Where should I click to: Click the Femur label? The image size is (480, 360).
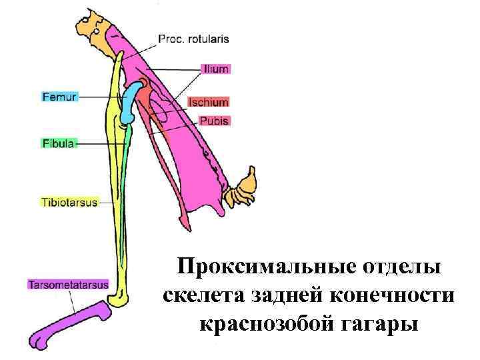click(59, 97)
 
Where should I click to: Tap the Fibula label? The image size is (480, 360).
click(59, 143)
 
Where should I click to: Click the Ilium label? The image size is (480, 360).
click(216, 68)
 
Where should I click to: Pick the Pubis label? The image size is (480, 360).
click(214, 121)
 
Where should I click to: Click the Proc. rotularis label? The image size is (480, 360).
click(193, 39)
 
